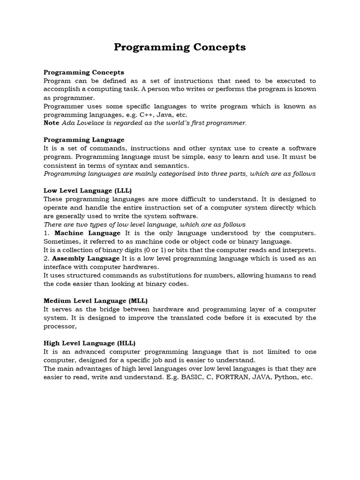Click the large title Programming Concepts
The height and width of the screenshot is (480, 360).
(180, 47)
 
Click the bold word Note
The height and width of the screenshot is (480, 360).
(52, 123)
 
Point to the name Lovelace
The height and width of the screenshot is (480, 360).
(92, 123)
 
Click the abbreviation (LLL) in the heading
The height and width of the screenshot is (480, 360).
(122, 190)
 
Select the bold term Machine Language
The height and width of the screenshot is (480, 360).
(88, 233)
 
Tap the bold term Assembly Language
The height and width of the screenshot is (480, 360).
(86, 258)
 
